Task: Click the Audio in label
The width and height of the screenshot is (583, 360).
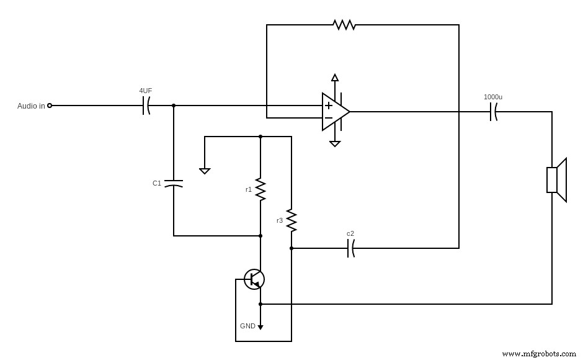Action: click(x=31, y=106)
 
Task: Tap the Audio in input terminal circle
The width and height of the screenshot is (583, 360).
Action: click(x=50, y=106)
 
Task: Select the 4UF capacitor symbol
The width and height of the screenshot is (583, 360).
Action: click(x=146, y=106)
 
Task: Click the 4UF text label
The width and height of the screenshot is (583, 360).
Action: click(x=146, y=91)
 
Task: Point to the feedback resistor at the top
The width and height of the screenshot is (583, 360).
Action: click(x=344, y=25)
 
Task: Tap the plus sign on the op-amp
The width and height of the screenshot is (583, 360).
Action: click(x=328, y=106)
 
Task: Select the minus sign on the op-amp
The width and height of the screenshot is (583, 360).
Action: click(x=328, y=118)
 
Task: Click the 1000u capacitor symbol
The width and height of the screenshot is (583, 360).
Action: click(x=494, y=112)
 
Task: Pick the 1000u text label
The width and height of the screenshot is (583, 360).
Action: click(x=493, y=97)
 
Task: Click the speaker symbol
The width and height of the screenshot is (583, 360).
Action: click(x=556, y=180)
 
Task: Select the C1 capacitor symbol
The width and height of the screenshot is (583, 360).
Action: click(x=174, y=184)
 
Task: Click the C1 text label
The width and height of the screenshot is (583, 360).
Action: click(x=157, y=183)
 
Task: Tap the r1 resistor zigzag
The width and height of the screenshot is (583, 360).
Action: click(x=260, y=189)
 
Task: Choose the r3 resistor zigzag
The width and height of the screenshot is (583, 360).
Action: click(x=291, y=220)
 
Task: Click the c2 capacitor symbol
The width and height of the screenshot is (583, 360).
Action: click(x=351, y=248)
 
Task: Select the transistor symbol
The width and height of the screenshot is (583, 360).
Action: click(x=254, y=279)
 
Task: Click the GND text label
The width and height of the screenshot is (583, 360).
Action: click(x=247, y=326)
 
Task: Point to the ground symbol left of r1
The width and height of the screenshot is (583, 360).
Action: click(x=205, y=170)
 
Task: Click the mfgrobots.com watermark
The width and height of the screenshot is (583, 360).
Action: click(x=538, y=354)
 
